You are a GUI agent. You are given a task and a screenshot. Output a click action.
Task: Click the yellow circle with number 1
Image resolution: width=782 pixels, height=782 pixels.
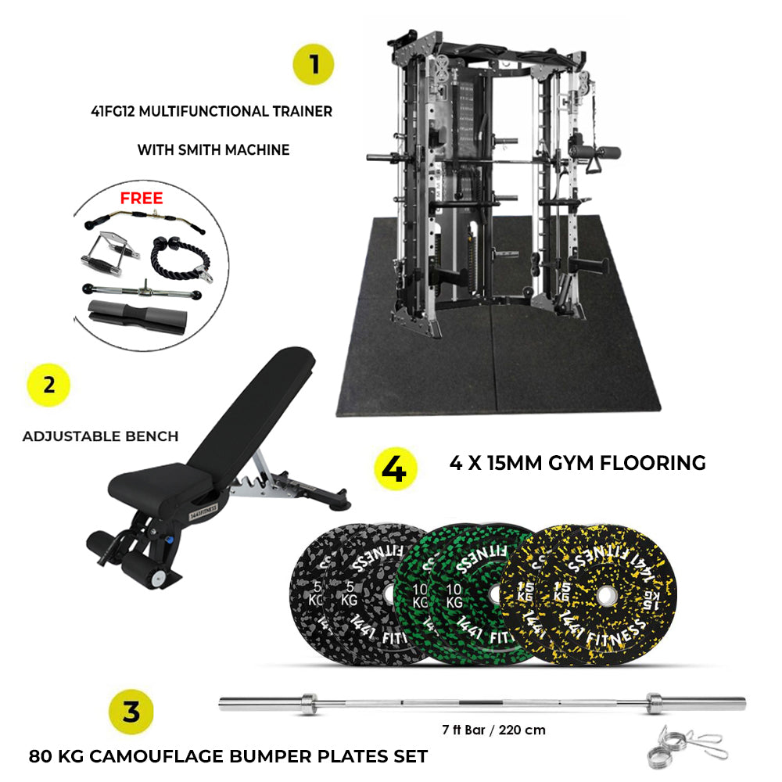click(x=314, y=64)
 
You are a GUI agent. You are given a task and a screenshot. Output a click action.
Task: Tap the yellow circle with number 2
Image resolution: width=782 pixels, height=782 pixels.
click(x=48, y=385)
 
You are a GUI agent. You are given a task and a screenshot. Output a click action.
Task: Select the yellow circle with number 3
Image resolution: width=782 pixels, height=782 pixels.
click(x=131, y=712)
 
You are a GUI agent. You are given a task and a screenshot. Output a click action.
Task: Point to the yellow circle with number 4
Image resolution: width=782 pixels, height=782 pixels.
click(x=395, y=468)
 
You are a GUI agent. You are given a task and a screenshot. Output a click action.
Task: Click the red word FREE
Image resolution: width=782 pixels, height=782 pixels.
click(x=142, y=198)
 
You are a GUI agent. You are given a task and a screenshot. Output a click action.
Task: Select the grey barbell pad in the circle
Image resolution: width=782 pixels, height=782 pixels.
click(x=138, y=317)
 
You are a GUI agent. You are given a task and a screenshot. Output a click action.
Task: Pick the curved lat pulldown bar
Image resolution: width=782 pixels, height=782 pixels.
click(x=145, y=221)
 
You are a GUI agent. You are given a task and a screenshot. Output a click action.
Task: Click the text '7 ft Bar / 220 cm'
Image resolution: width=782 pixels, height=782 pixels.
click(x=493, y=730)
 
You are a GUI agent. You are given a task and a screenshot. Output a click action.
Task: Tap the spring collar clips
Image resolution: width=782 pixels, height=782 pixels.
click(x=687, y=745)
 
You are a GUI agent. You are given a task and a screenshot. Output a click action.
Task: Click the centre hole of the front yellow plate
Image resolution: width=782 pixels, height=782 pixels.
click(x=605, y=595)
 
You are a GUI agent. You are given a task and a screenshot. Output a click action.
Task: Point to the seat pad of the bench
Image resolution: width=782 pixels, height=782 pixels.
click(x=160, y=486)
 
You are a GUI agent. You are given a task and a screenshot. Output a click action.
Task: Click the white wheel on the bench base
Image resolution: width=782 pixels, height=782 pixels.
click(x=159, y=578)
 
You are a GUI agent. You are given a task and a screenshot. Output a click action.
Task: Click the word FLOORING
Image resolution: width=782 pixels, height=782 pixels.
click(x=653, y=463)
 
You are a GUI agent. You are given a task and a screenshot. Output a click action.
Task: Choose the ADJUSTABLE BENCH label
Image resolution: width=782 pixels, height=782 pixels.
click(x=100, y=436)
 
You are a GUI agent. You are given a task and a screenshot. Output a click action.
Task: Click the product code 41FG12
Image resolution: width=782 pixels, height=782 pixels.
click(x=113, y=111)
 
